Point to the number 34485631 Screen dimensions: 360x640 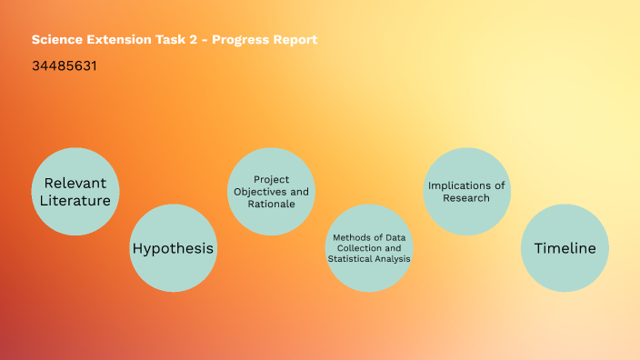pyautogui.click(x=65, y=66)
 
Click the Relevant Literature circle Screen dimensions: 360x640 pyautogui.click(x=75, y=191)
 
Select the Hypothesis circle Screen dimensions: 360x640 pyautogui.click(x=173, y=248)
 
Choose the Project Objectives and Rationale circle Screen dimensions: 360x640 pyautogui.click(x=271, y=192)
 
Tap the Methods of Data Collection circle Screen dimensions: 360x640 pyautogui.click(x=368, y=248)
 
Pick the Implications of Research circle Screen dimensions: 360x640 pyautogui.click(x=466, y=191)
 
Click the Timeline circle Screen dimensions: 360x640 pyautogui.click(x=565, y=248)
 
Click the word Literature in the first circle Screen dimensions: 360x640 pyautogui.click(x=75, y=200)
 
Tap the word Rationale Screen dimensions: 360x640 pyautogui.click(x=271, y=205)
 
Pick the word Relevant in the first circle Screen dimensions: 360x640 pyautogui.click(x=75, y=182)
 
